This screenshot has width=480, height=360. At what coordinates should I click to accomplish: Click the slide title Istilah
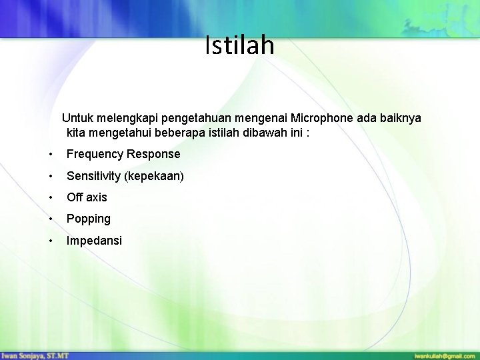[x=239, y=45]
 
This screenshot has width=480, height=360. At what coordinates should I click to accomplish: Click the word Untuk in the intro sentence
[x=78, y=118]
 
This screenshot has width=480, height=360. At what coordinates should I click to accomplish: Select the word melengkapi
[x=129, y=118]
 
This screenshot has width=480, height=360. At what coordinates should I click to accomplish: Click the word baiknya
[x=399, y=118]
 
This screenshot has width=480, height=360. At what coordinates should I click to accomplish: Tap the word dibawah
[x=263, y=132]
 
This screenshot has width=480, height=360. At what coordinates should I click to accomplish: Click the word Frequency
[x=95, y=154]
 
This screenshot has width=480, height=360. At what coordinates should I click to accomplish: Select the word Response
[x=154, y=154]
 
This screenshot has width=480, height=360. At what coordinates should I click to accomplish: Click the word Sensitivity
[x=93, y=176]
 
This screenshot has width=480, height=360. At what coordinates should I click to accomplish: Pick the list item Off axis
[x=87, y=197]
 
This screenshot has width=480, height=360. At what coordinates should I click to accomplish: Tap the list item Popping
[x=89, y=219]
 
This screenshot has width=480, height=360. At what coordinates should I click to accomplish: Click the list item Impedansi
[x=94, y=241]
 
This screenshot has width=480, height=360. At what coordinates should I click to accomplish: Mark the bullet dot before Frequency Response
[x=51, y=155]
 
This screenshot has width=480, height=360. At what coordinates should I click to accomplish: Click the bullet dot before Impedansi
[x=51, y=241]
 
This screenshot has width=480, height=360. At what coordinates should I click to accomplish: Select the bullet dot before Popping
[x=51, y=219]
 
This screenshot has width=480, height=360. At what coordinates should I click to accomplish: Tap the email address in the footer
[x=444, y=355]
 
